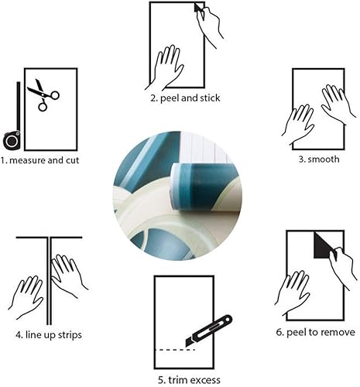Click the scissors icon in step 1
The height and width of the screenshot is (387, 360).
click(43, 94)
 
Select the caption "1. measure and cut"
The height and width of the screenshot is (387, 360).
click(40, 161)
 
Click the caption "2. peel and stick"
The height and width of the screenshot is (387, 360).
click(185, 98)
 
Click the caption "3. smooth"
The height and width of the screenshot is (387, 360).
click(317, 160)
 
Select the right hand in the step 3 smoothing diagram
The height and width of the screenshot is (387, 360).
click(338, 104)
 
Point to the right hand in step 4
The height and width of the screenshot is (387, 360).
click(68, 275)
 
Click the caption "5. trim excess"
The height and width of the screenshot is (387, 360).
click(189, 379)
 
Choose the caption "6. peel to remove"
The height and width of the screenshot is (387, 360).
click(316, 332)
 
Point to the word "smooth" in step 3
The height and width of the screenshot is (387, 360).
click(323, 160)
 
